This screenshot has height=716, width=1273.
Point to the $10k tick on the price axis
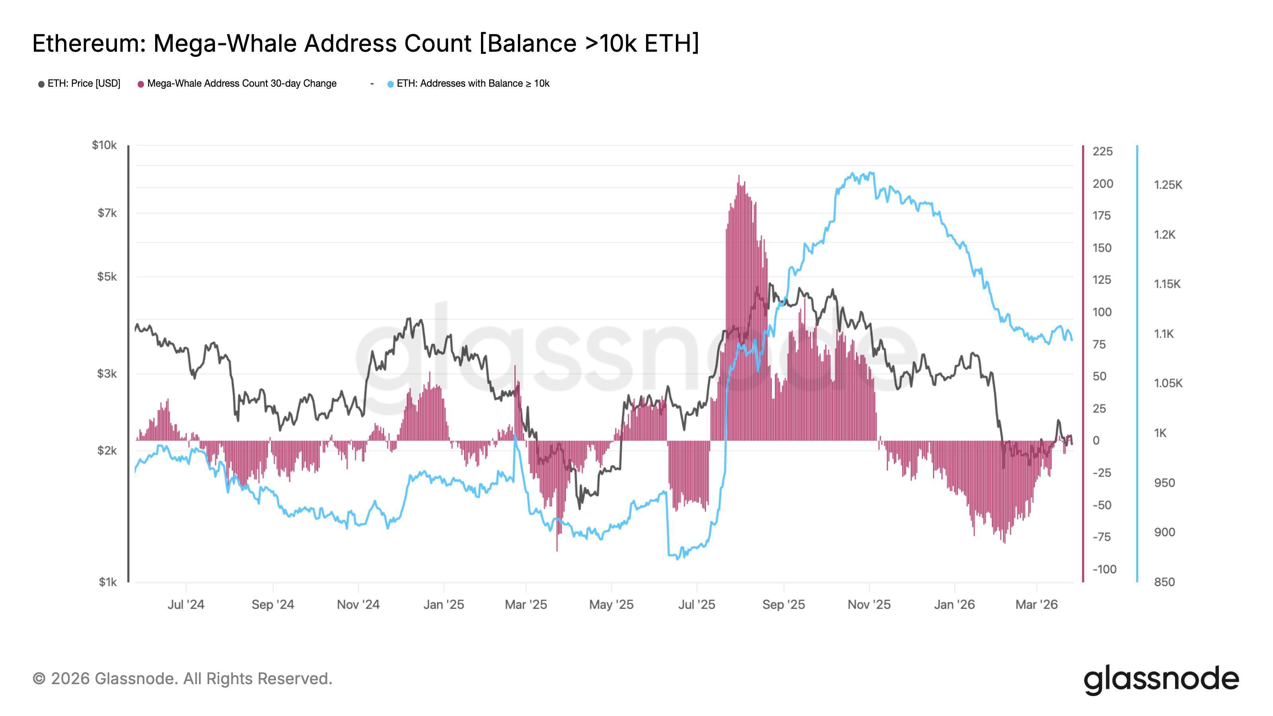coord(104,145)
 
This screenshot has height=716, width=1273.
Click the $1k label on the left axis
coord(107,582)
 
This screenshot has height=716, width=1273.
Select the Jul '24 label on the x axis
coord(186,604)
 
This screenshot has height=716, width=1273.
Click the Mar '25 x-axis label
coord(526,604)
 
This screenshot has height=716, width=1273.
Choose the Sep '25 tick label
coord(783,604)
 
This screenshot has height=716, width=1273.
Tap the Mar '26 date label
coord(1036,604)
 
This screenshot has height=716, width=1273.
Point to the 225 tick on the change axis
coord(1102,151)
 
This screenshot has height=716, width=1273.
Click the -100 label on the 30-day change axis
coord(1104,569)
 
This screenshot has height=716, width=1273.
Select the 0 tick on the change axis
coord(1096,440)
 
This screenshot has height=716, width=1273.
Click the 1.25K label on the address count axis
coord(1168,185)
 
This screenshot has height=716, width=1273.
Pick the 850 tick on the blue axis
coord(1164,582)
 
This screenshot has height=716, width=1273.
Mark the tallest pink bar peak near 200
coord(739,176)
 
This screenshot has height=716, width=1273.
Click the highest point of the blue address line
coord(871,173)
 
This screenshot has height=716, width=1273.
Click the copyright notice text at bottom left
coord(182,679)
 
